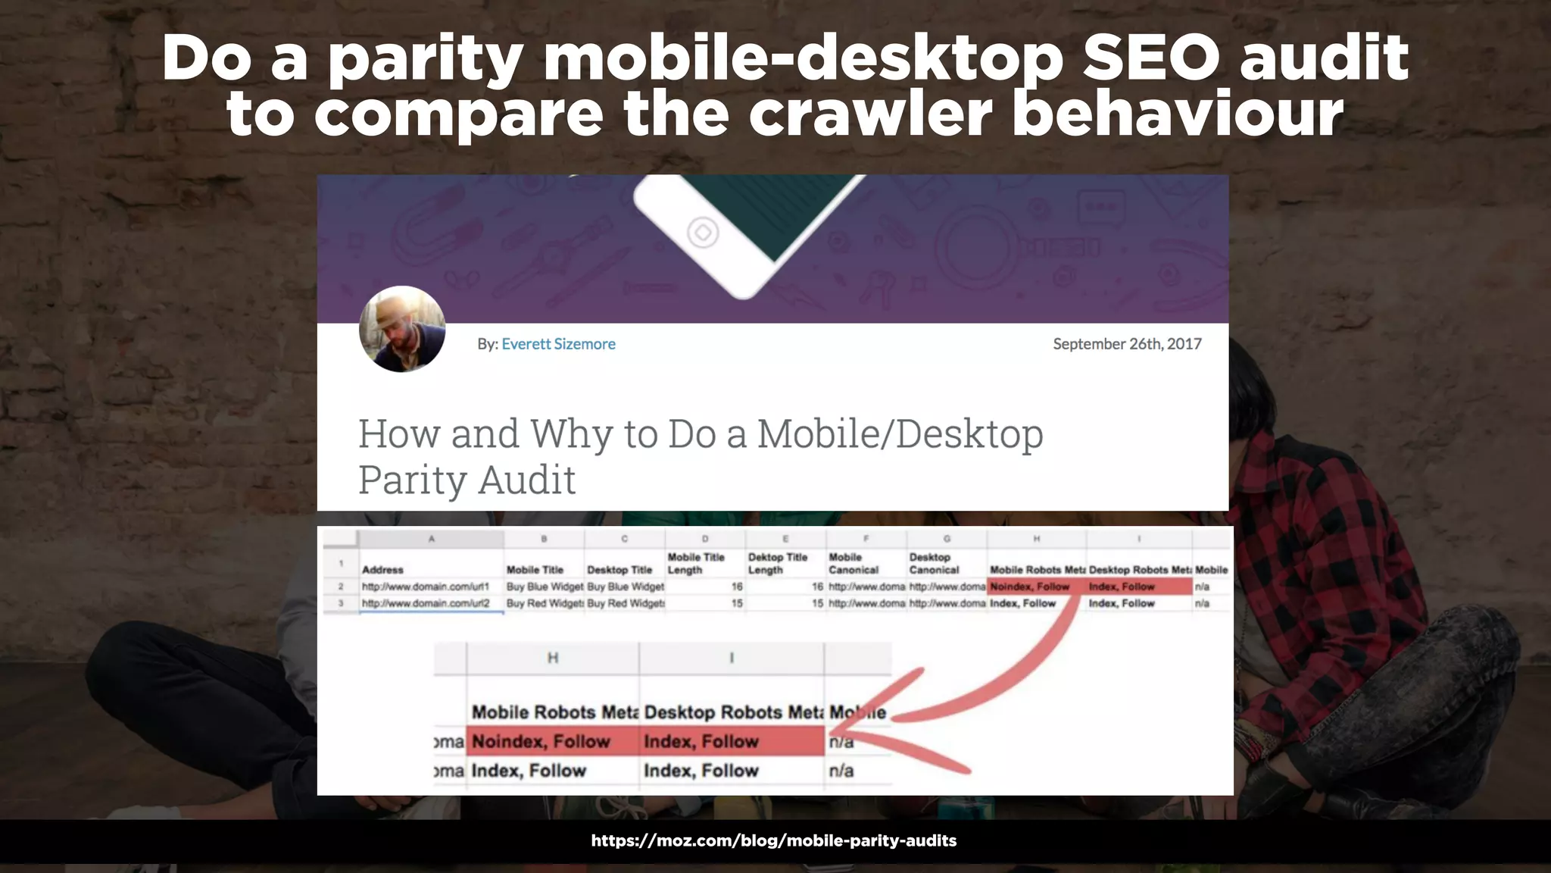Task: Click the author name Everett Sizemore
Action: tap(558, 344)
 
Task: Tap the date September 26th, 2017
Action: tap(1127, 344)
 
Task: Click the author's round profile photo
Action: tap(402, 329)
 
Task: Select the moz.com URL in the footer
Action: tap(774, 840)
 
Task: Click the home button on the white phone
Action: tap(702, 232)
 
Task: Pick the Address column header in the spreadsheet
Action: tap(382, 570)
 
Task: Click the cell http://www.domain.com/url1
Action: tap(426, 587)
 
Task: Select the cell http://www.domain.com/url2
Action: tap(426, 603)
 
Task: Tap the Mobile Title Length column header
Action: tap(696, 563)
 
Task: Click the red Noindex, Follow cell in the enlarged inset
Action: tap(541, 741)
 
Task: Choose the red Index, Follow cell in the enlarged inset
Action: tap(701, 741)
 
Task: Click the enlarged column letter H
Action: tap(553, 658)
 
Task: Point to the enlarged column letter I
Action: tap(732, 658)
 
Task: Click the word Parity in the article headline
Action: tap(413, 480)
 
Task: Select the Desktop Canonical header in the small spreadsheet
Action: tap(934, 563)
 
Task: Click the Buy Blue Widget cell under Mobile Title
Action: tap(545, 587)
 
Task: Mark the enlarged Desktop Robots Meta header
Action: tap(732, 712)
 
